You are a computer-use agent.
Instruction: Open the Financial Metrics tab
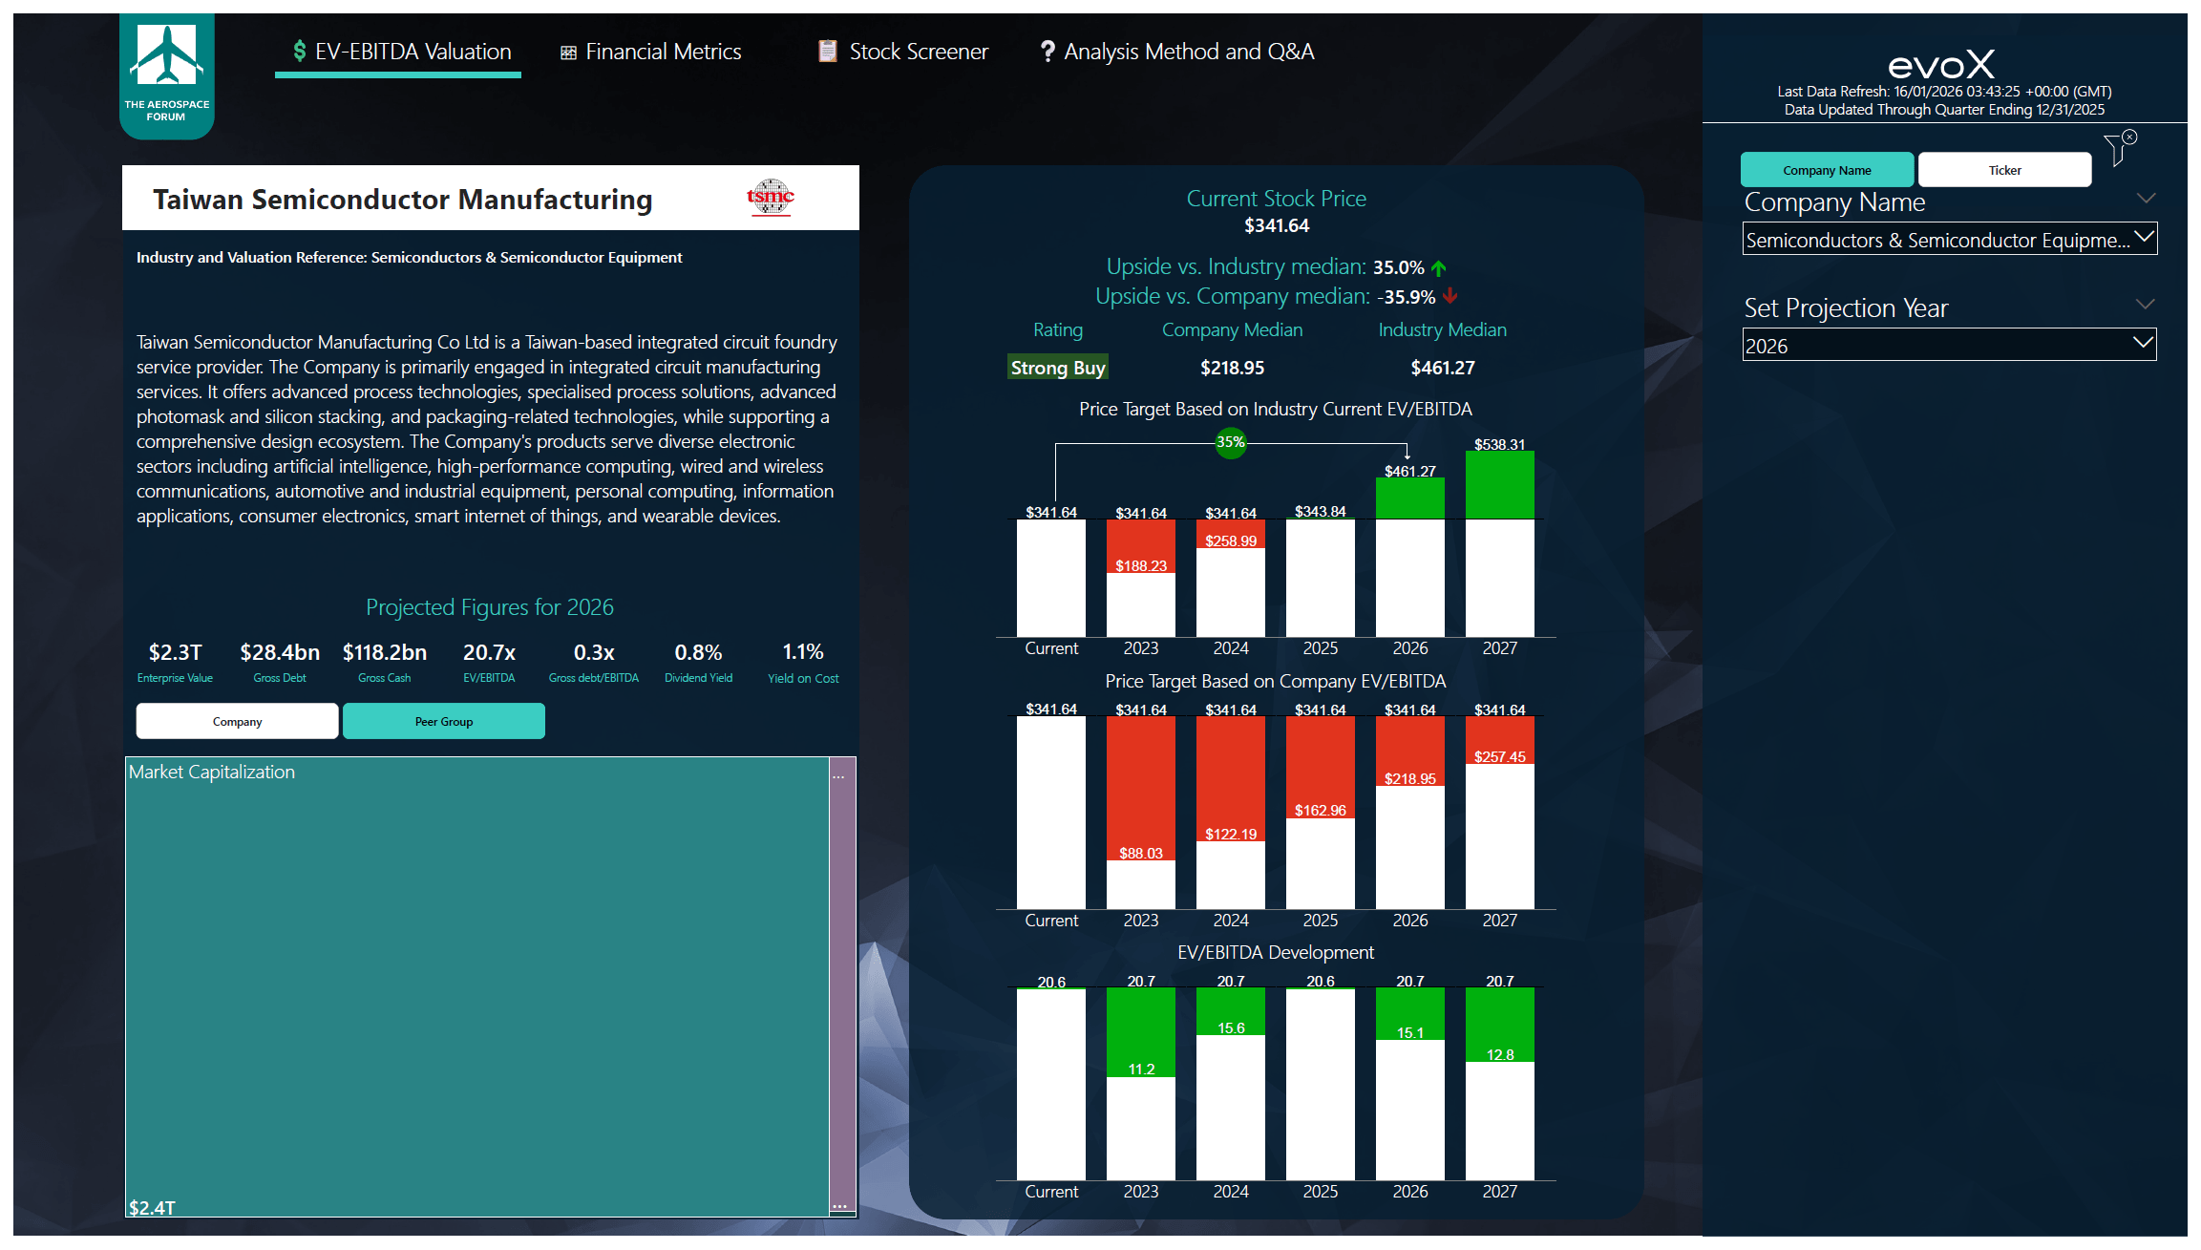pyautogui.click(x=650, y=52)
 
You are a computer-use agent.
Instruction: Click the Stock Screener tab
pyautogui.click(x=903, y=52)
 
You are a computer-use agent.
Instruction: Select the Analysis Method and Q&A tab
pyautogui.click(x=1177, y=52)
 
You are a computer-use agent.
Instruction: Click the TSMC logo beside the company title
pyautogui.click(x=771, y=198)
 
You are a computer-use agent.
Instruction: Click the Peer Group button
pyautogui.click(x=444, y=721)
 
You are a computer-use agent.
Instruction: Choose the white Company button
pyautogui.click(x=237, y=721)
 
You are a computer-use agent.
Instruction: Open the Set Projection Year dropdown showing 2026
pyautogui.click(x=1949, y=345)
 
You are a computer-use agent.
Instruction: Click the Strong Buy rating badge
pyautogui.click(x=1058, y=368)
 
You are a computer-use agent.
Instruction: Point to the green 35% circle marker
pyautogui.click(x=1231, y=442)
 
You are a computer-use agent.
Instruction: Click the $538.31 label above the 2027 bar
pyautogui.click(x=1500, y=444)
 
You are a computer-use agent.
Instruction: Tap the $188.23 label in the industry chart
pyautogui.click(x=1141, y=565)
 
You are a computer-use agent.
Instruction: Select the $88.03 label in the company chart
pyautogui.click(x=1141, y=853)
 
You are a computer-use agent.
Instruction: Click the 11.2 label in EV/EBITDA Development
pyautogui.click(x=1141, y=1069)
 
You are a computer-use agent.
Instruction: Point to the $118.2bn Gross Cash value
pyautogui.click(x=385, y=652)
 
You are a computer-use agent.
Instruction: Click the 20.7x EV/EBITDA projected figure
pyautogui.click(x=489, y=652)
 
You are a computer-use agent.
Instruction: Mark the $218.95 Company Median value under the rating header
pyautogui.click(x=1232, y=368)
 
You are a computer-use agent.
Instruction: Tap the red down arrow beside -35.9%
pyautogui.click(x=1450, y=296)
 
